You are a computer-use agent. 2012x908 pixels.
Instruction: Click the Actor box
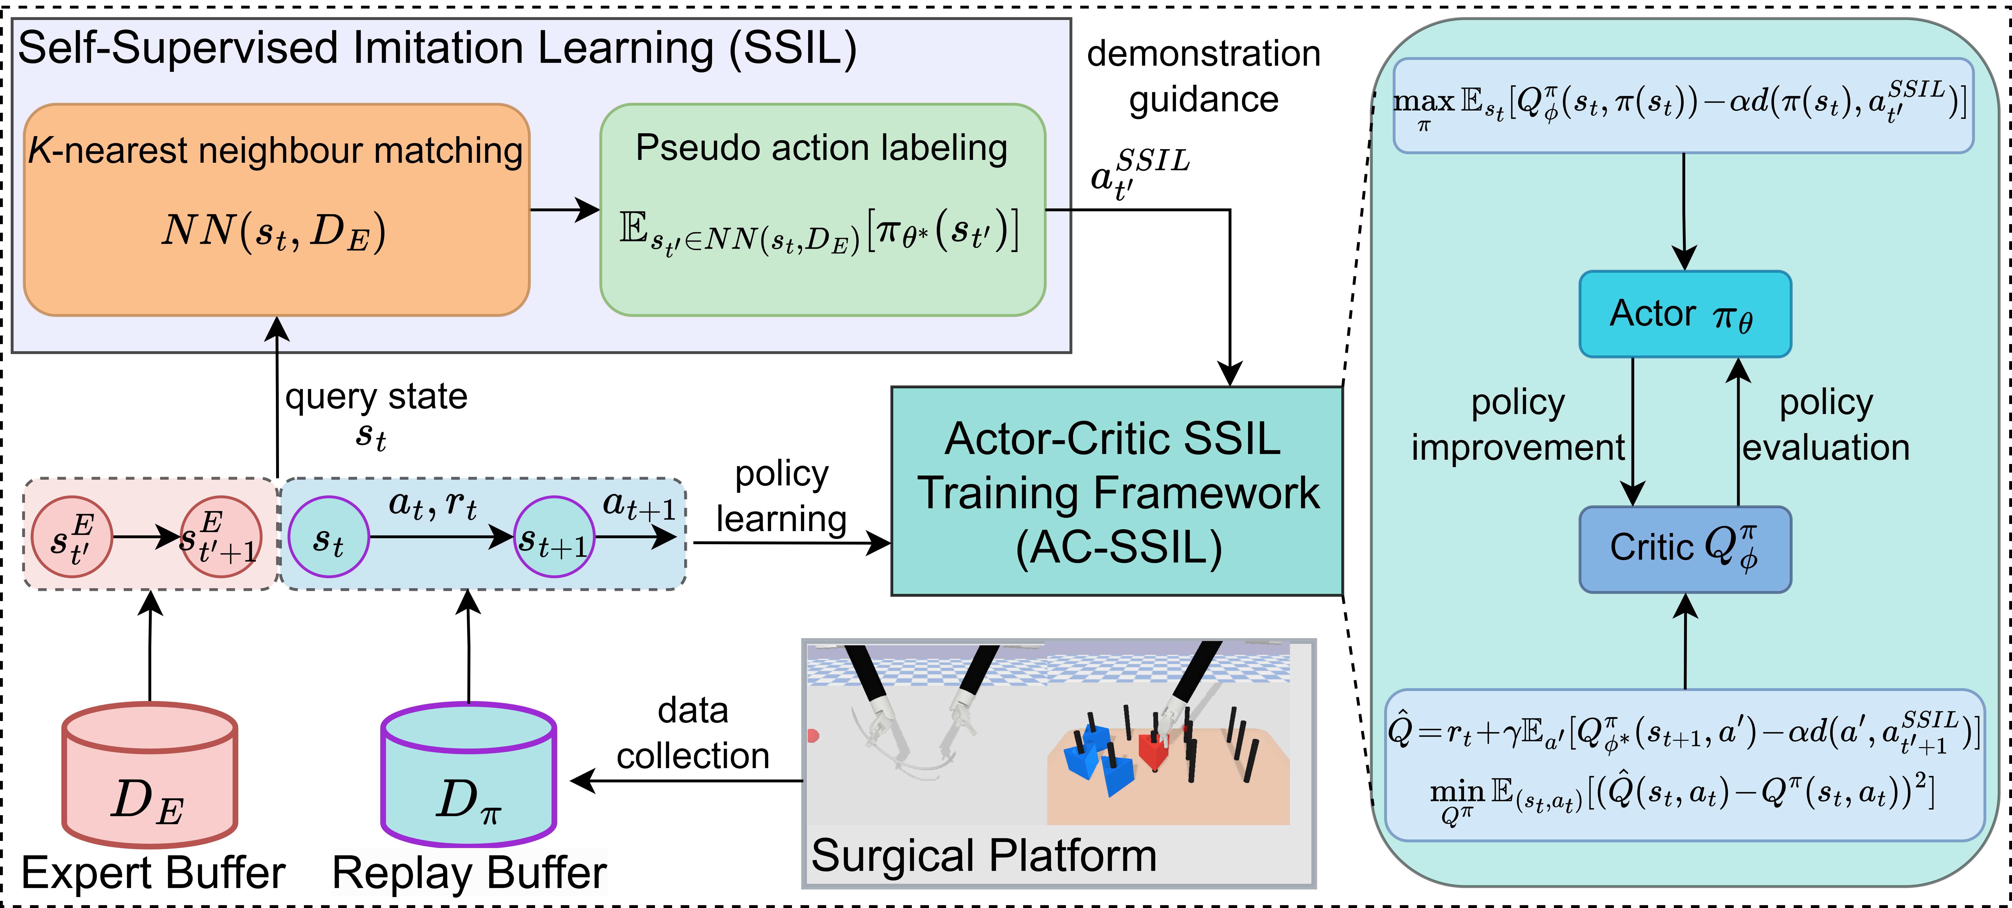1685,314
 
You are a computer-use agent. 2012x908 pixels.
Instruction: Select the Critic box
1685,548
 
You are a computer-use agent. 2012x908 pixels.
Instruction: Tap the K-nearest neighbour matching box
277,209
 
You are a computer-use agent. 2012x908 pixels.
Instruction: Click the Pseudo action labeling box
822,209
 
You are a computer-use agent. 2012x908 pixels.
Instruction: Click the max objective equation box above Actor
1683,105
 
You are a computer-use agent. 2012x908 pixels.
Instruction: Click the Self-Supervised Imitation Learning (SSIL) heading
437,49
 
